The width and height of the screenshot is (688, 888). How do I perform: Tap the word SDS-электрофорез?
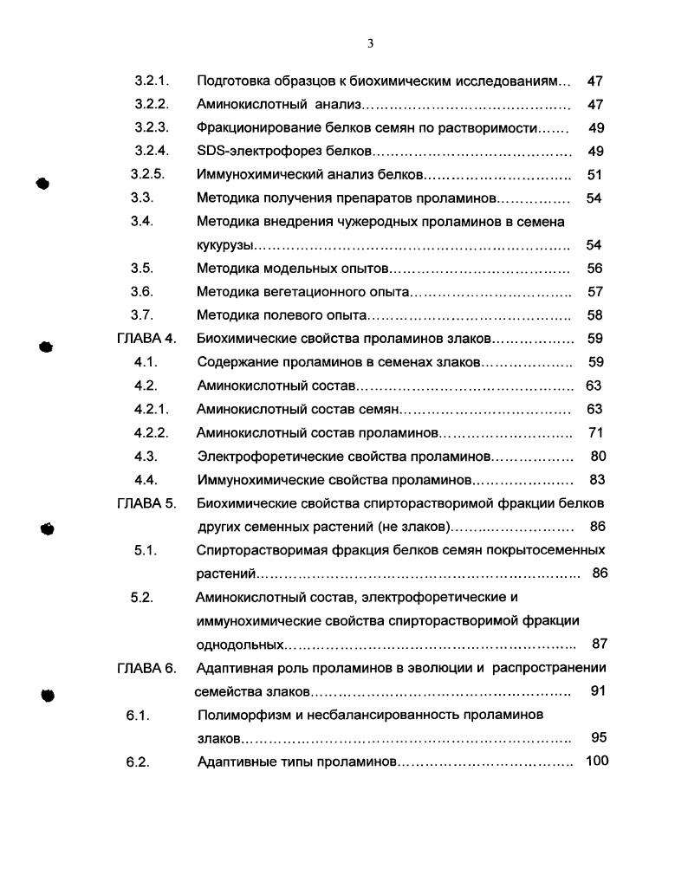click(251, 152)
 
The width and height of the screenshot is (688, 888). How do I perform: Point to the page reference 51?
click(594, 175)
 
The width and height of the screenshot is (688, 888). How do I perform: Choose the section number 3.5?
click(142, 269)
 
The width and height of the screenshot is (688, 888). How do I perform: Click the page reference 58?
click(594, 316)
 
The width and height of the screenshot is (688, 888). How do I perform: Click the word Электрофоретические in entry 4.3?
click(263, 456)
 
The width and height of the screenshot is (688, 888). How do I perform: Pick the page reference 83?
click(597, 479)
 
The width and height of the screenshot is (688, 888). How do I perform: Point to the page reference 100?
click(597, 762)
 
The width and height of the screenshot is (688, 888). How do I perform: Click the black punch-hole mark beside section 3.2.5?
click(42, 184)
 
